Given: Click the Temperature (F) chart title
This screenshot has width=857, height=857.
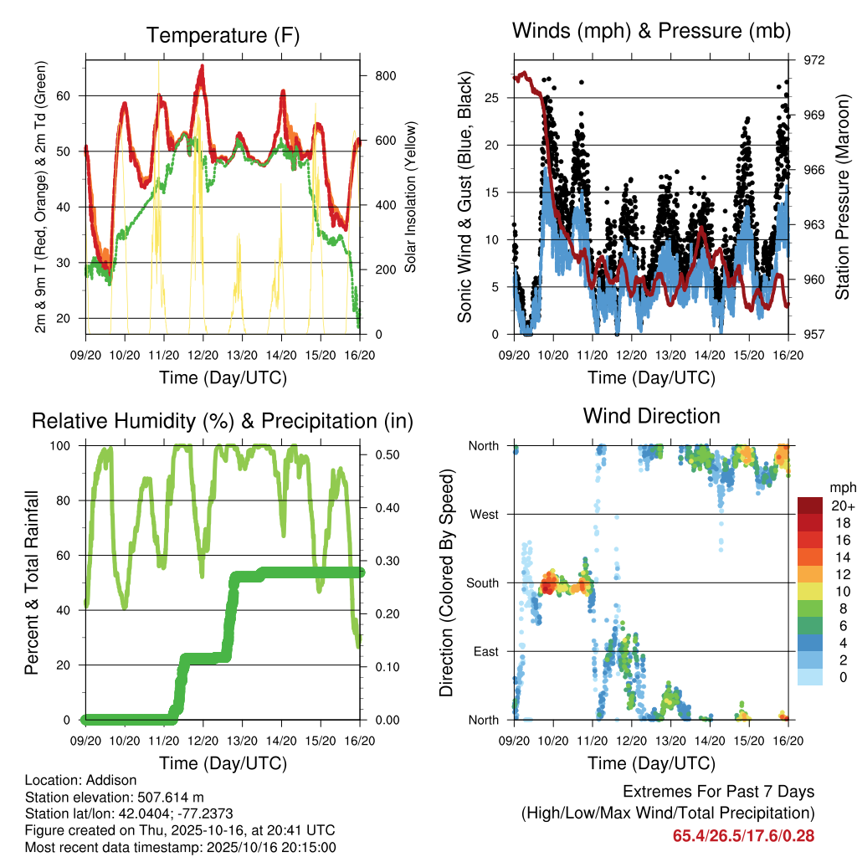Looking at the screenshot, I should [223, 35].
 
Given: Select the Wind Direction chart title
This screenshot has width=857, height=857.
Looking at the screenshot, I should [651, 415].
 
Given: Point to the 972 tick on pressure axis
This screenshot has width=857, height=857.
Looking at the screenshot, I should [815, 60].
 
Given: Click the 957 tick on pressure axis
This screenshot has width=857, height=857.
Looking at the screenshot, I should [815, 334].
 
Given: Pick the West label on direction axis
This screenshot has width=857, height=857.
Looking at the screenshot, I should [484, 514].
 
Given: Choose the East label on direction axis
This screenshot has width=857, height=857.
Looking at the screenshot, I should [485, 651].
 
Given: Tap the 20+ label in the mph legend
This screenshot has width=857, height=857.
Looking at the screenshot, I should [840, 505].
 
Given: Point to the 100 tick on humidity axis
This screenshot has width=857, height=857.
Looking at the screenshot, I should [67, 445].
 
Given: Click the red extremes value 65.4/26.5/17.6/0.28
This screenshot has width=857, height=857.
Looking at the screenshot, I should [743, 835].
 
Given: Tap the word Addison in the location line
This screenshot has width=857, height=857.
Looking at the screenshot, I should [111, 780].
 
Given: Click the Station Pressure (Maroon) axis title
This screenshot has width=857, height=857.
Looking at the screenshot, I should [842, 197].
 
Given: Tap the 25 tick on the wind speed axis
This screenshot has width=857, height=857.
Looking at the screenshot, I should [492, 98].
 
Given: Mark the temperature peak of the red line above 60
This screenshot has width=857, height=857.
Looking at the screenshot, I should [202, 67].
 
